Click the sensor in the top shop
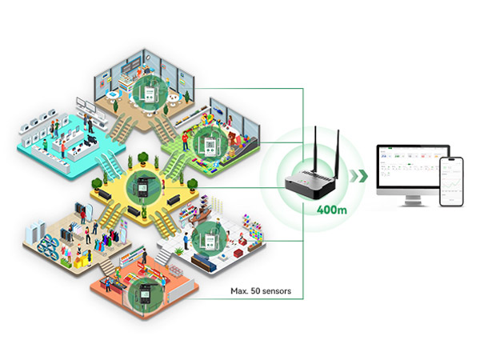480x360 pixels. point(146,90)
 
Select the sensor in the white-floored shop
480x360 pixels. point(208,240)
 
